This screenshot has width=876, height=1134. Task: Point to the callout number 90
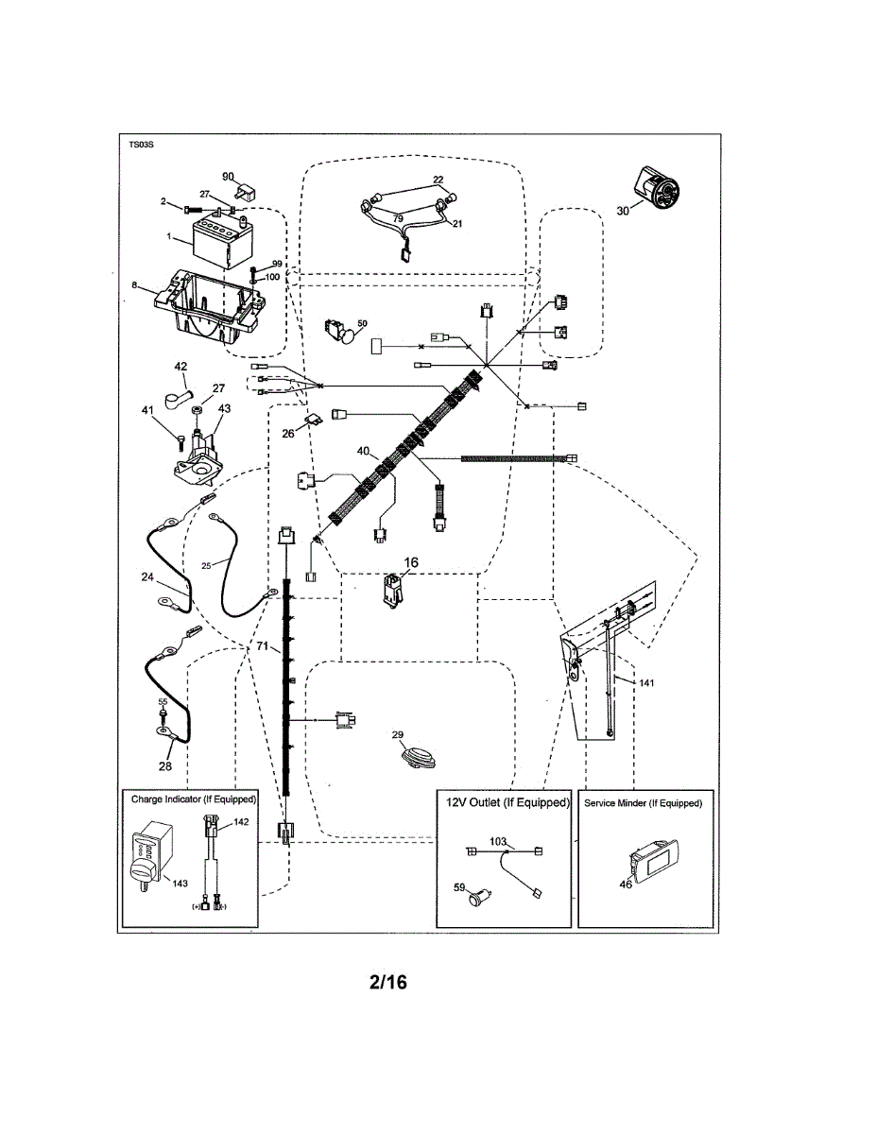click(228, 176)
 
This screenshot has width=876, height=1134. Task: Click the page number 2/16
click(387, 983)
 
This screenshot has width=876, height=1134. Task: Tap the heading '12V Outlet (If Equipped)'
click(507, 802)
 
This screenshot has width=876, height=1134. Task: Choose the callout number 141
click(645, 682)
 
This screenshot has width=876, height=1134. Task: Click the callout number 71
click(265, 646)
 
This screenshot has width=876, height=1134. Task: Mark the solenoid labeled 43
click(199, 452)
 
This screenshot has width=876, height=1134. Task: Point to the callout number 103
click(499, 840)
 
